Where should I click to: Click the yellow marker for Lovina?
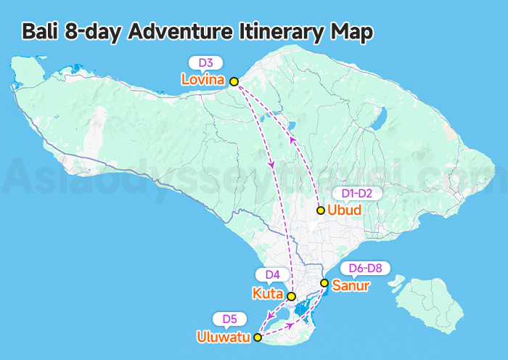coord(234,81)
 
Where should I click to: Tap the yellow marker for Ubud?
coord(321,210)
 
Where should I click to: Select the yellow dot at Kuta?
coord(291,296)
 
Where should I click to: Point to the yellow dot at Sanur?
coord(324,283)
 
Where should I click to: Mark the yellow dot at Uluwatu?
coord(258,337)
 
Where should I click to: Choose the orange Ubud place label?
coord(345,210)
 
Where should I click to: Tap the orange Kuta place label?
coord(267,294)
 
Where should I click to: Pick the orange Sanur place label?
coord(351,285)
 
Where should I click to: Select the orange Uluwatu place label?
coord(224,337)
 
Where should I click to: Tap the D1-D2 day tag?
coord(356,194)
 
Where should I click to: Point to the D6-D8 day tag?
coord(365,268)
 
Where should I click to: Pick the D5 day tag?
coord(230,319)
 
